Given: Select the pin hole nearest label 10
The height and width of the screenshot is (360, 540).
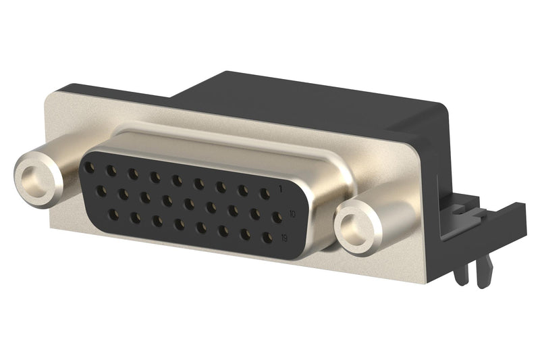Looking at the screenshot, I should point(276,217).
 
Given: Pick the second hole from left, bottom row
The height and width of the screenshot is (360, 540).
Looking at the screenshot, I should point(135,218).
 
